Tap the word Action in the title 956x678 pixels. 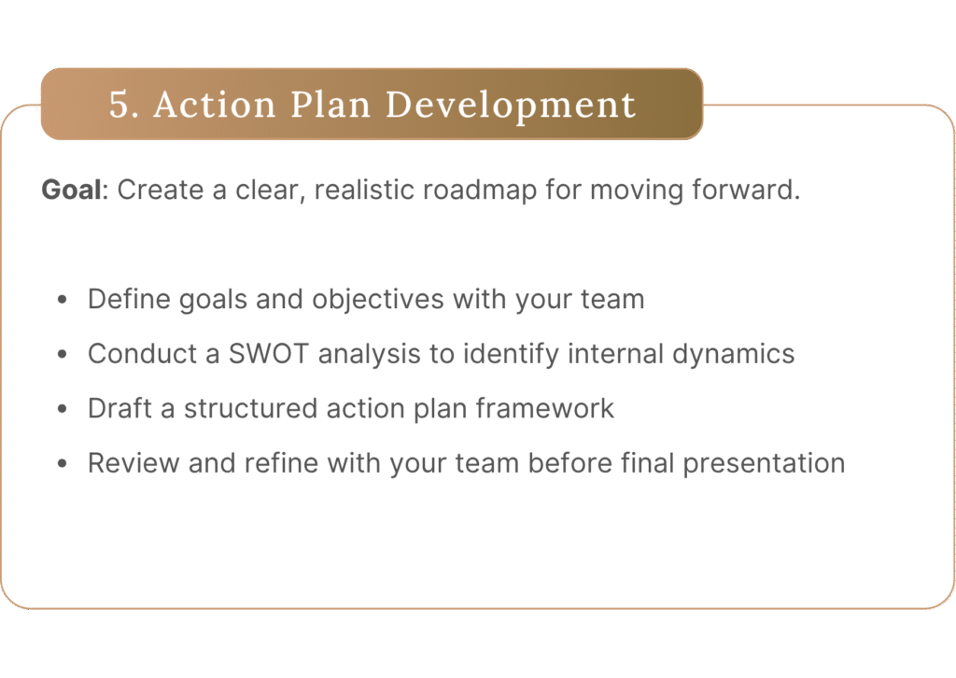[x=215, y=105]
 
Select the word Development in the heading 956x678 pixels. [x=511, y=106]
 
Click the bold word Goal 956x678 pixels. [x=71, y=190]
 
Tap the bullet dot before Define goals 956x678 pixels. [x=62, y=300]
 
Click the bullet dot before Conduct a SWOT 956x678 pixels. [x=62, y=354]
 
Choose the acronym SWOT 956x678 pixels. [x=268, y=354]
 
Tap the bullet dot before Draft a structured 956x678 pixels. [x=62, y=409]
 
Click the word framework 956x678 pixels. [x=545, y=408]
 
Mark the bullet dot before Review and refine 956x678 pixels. [x=62, y=463]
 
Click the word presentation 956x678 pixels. [x=764, y=464]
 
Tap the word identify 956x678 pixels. [x=511, y=355]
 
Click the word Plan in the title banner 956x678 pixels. [x=330, y=105]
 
